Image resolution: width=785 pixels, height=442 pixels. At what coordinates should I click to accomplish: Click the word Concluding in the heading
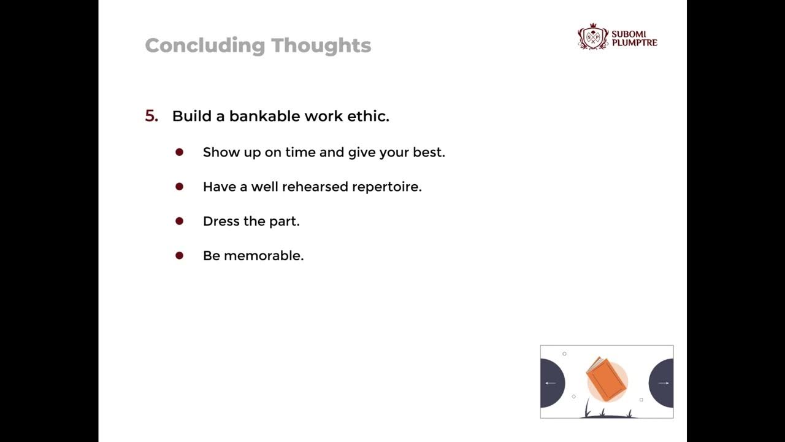[x=205, y=45]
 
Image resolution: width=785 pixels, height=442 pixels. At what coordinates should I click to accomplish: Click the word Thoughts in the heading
[x=321, y=45]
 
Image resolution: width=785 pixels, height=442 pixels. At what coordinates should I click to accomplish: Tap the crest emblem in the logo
[x=592, y=36]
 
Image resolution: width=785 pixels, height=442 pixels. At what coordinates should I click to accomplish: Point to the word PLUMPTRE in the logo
[x=634, y=43]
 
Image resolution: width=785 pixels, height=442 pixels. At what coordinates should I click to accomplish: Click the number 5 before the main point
[x=150, y=116]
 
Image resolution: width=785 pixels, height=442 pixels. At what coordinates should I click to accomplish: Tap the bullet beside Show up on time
[x=179, y=152]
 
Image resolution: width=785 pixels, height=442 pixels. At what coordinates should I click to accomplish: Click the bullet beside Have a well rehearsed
[x=179, y=186]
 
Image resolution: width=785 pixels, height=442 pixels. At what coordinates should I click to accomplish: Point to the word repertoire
[x=386, y=187]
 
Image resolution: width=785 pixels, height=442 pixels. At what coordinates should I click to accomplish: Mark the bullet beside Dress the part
[x=179, y=220]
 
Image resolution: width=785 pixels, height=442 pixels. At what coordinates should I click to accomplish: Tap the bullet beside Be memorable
[x=179, y=255]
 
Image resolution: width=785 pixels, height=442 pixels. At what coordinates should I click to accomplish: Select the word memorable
[x=264, y=255]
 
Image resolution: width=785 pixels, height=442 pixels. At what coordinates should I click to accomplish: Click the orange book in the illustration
[x=607, y=379]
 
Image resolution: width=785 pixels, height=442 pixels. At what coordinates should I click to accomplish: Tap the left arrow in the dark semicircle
[x=550, y=383]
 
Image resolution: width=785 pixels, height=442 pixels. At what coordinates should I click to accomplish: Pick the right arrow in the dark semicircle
[x=663, y=383]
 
